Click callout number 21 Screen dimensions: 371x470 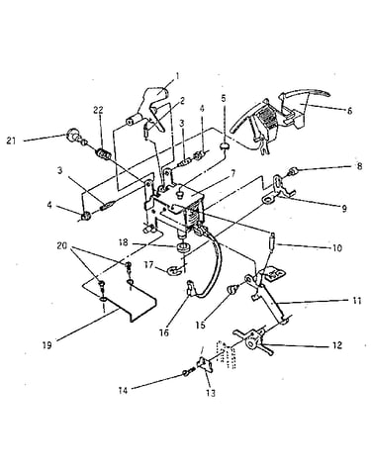pyautogui.click(x=11, y=141)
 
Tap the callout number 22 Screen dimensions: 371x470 pyautogui.click(x=98, y=110)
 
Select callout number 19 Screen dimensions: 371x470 pyautogui.click(x=47, y=345)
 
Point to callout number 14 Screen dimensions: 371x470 pyautogui.click(x=123, y=391)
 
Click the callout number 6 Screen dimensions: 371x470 pyautogui.click(x=349, y=110)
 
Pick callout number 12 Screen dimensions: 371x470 pyautogui.click(x=337, y=345)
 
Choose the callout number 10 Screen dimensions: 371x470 pyautogui.click(x=337, y=247)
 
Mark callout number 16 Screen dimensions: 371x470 pyautogui.click(x=164, y=332)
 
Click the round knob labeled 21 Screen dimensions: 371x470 pyautogui.click(x=71, y=135)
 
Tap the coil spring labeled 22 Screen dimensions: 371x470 pyautogui.click(x=103, y=153)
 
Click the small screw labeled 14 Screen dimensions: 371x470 pyautogui.click(x=187, y=373)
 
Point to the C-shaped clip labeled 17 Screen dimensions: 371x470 pyautogui.click(x=174, y=270)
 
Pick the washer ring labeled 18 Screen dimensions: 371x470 pyautogui.click(x=184, y=247)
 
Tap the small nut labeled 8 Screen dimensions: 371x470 pyautogui.click(x=293, y=171)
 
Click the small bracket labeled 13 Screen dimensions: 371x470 pyautogui.click(x=205, y=365)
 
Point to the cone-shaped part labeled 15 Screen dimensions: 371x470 pyautogui.click(x=232, y=291)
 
